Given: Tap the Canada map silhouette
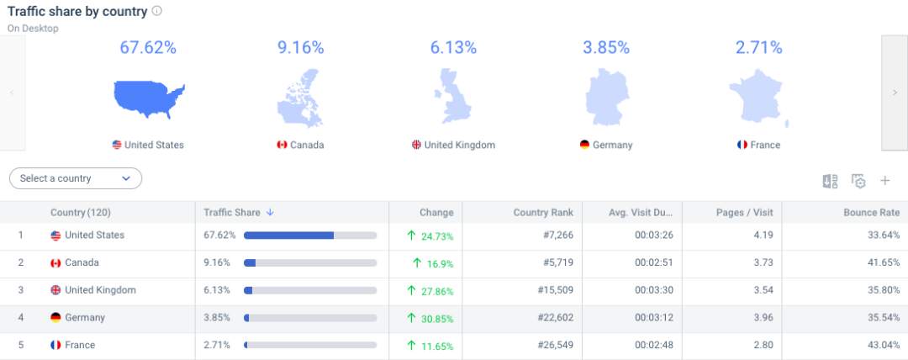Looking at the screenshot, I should click(300, 99).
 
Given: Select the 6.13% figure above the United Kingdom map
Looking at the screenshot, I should click(453, 48).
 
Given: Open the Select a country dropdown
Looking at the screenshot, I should click(76, 178).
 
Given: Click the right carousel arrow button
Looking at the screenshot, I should click(894, 93).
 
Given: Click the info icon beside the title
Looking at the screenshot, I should click(157, 12).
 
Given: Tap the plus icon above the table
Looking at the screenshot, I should click(884, 181).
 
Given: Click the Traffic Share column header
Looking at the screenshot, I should click(232, 213).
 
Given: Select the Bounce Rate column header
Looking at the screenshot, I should click(872, 213).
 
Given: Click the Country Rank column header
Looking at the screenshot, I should click(543, 213).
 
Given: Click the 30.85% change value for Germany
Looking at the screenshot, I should click(436, 318).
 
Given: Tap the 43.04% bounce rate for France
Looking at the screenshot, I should click(883, 346).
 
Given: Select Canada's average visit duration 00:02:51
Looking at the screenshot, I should click(652, 263).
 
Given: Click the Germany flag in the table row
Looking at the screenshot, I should click(55, 318).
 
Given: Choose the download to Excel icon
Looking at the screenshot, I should click(830, 181).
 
